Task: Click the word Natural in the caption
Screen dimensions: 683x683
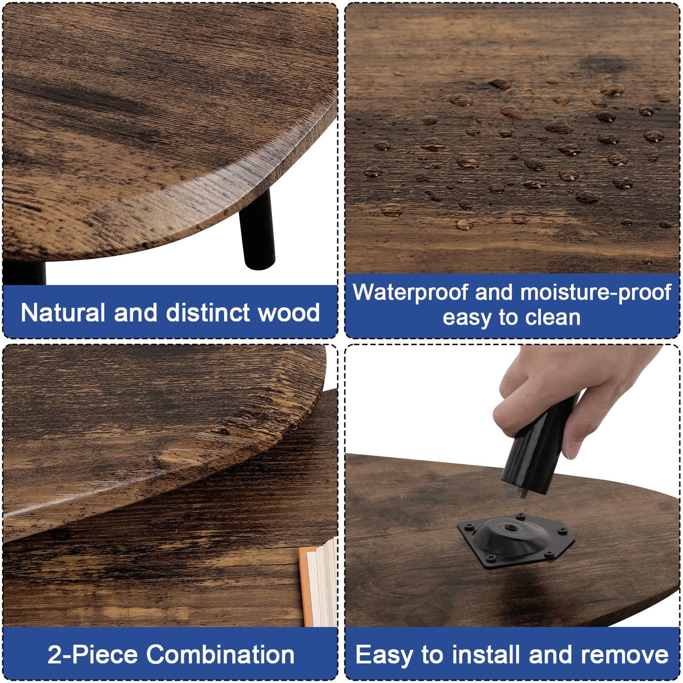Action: (x=63, y=312)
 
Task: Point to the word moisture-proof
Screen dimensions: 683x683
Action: (x=596, y=293)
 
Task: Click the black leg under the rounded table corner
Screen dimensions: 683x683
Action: (x=257, y=230)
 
